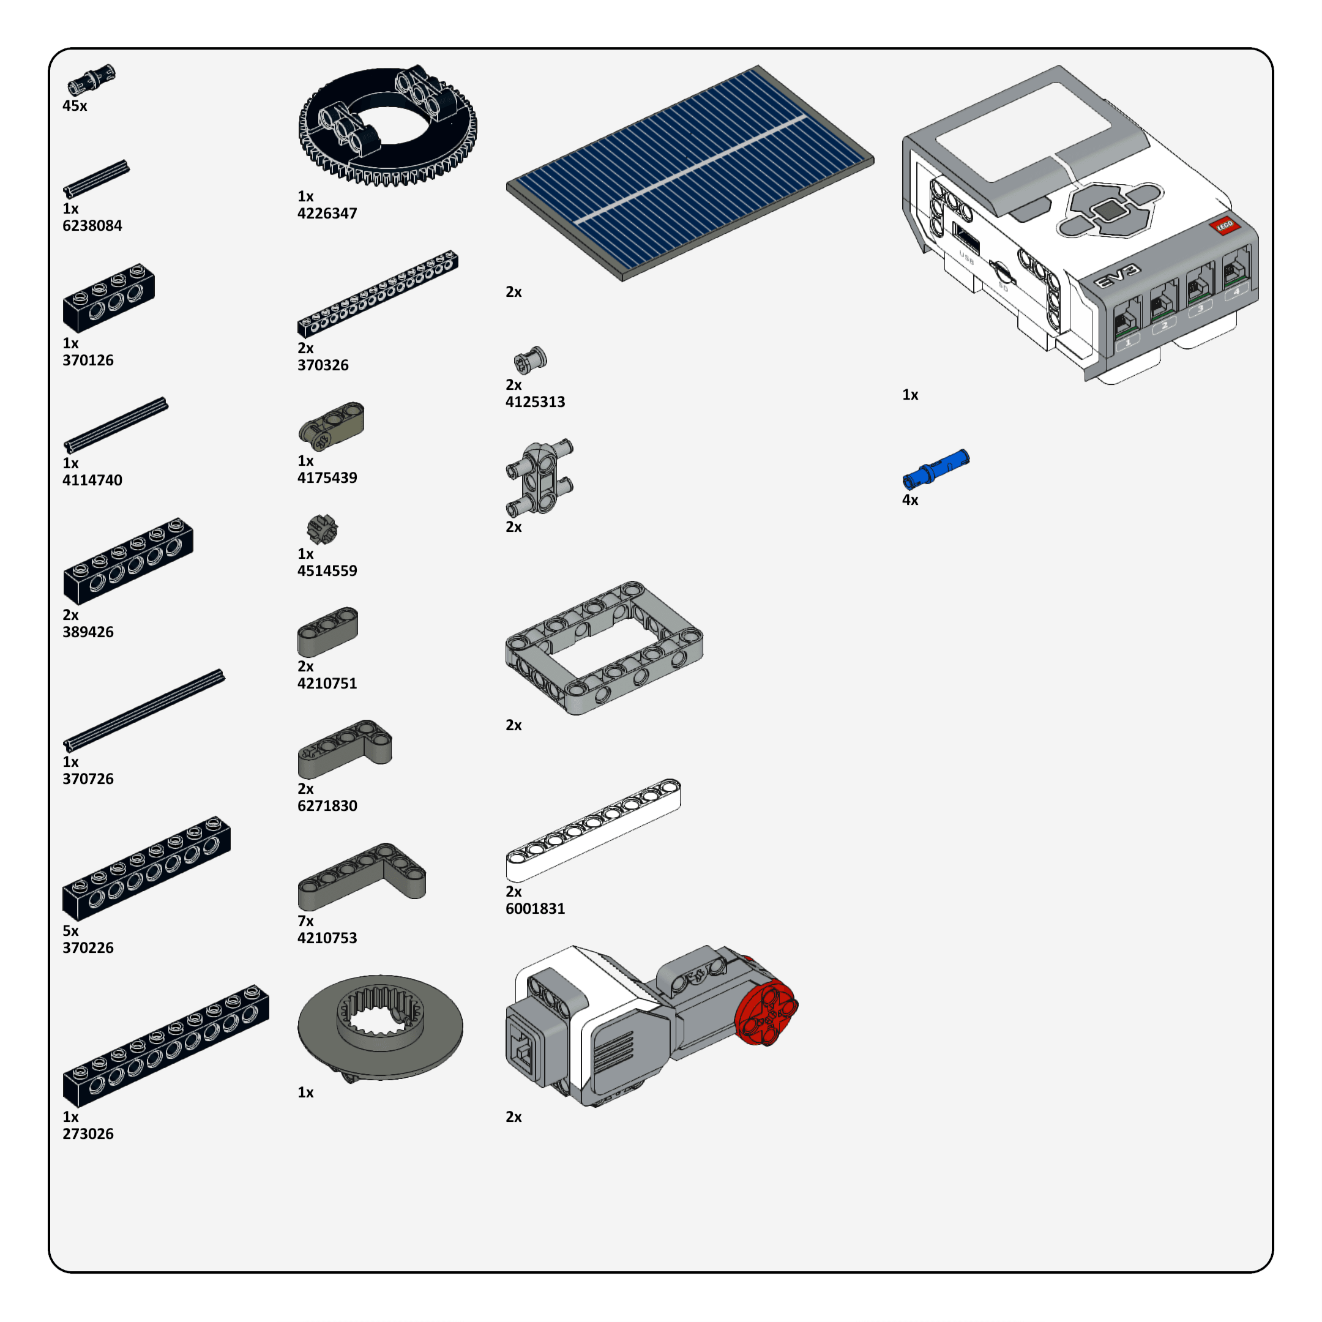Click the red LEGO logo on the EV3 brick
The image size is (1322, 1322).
(1224, 225)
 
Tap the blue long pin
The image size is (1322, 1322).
(935, 468)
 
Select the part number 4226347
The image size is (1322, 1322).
(327, 214)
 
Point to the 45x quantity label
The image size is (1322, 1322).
(75, 106)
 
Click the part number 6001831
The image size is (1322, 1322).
(535, 909)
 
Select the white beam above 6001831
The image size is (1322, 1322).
(593, 829)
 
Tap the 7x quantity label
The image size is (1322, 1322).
(305, 921)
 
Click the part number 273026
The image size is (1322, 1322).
(88, 1134)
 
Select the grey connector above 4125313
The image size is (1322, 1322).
(530, 360)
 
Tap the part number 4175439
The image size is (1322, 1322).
(327, 477)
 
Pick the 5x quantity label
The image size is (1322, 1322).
(70, 930)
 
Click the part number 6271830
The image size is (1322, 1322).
(327, 805)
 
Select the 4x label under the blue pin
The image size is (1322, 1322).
(910, 500)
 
